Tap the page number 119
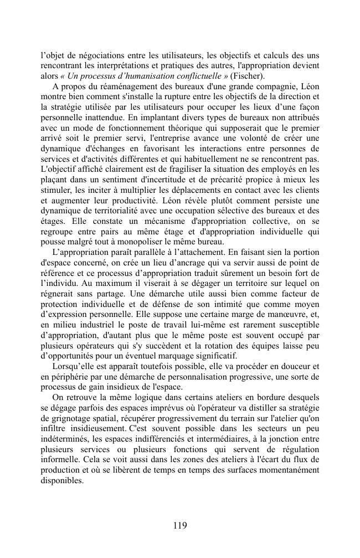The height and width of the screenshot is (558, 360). pos(179,525)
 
